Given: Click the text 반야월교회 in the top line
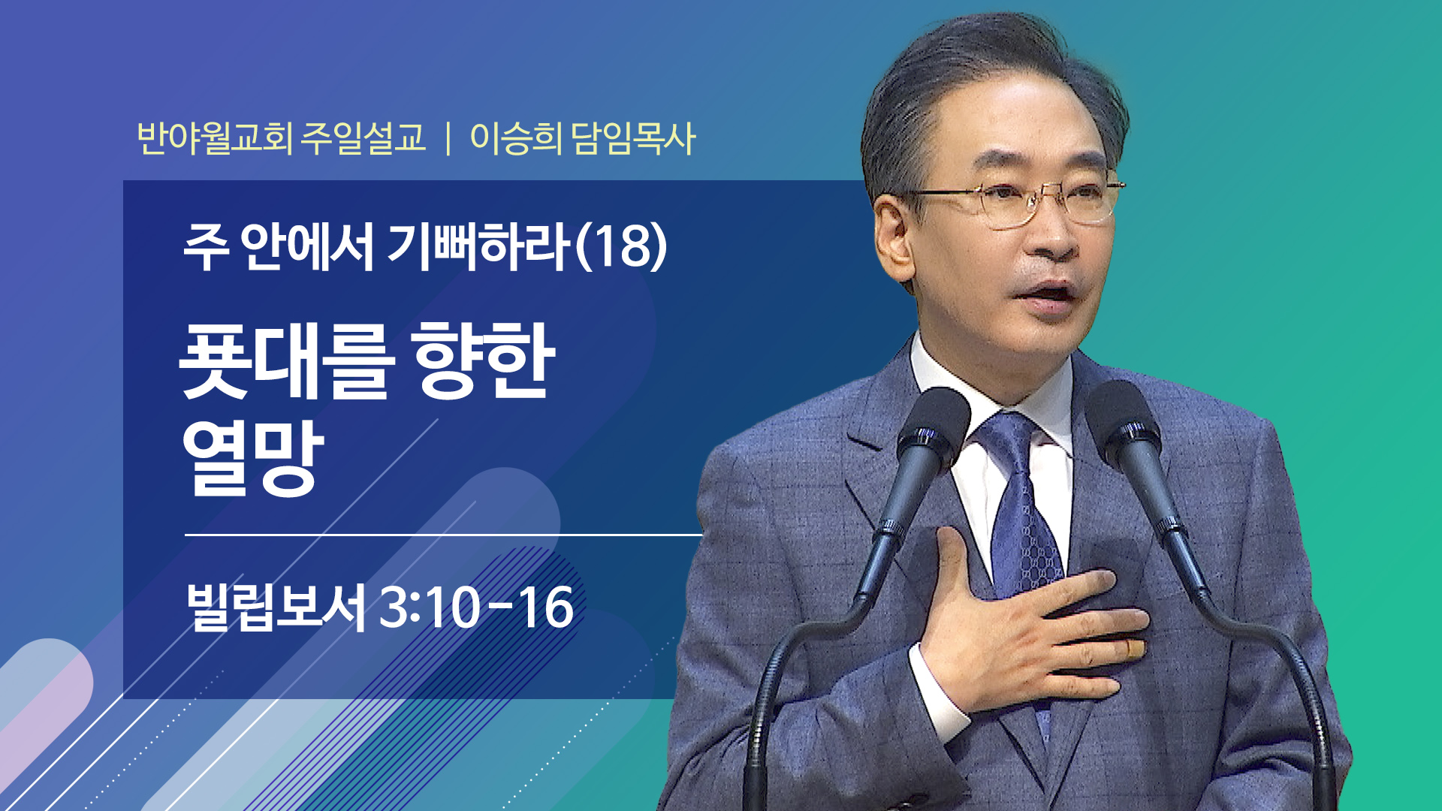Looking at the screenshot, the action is click(x=214, y=138).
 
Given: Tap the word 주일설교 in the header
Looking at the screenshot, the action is click(x=364, y=138).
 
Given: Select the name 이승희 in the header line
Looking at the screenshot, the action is click(x=515, y=138).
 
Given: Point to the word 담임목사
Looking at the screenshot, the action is click(x=633, y=138).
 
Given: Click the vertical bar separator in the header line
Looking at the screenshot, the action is click(x=448, y=139).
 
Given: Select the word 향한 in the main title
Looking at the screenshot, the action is click(x=486, y=360).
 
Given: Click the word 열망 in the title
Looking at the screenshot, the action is click(x=253, y=458).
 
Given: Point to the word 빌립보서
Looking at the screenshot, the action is click(x=276, y=607).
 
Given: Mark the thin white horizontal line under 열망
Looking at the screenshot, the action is click(x=443, y=535).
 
